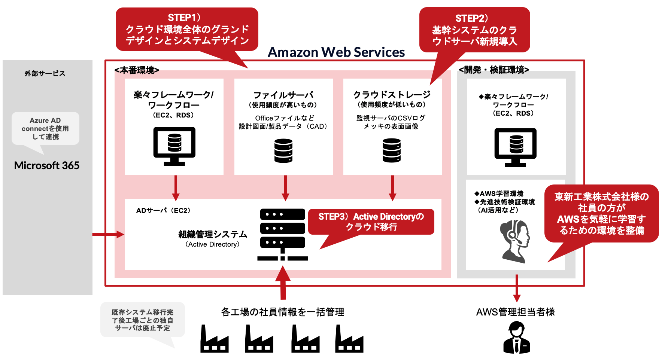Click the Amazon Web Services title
point(336,52)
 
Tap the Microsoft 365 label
point(47,165)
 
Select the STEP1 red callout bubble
point(187,29)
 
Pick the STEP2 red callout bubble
point(474,30)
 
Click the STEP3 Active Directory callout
point(371,222)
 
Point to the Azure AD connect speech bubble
point(45,128)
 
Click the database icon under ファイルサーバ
point(283,151)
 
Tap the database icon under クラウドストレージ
point(392,150)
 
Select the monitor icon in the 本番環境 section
point(174,146)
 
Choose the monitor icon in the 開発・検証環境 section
point(516,147)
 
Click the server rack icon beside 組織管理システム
point(283,234)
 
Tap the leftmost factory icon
point(214,339)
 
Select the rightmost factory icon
point(349,339)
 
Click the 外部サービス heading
point(45,74)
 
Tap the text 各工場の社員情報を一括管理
point(283,312)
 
